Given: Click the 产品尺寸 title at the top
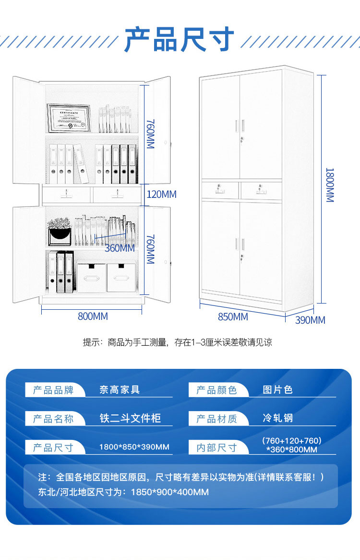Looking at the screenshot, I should (180, 39).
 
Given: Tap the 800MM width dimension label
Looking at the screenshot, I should (93, 317).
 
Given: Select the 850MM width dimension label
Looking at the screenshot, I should (233, 317).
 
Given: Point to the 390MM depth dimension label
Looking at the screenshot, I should (310, 320).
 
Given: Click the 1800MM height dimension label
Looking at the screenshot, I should (330, 185).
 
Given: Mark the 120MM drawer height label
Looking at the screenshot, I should (161, 195).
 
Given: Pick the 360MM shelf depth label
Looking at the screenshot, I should (120, 248).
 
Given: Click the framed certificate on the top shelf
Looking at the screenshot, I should (69, 118).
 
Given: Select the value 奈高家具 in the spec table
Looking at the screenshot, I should (120, 390).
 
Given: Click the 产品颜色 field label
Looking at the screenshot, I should (216, 390).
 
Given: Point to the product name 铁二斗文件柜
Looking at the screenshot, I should (130, 418).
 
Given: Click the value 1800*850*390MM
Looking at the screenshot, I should (134, 447).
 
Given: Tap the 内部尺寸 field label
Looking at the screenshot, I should (216, 448).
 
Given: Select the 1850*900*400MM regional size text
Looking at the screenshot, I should (167, 492).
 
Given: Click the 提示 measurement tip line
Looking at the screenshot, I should (178, 342).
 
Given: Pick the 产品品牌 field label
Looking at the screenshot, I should (53, 390).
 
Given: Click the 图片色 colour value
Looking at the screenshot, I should (277, 390).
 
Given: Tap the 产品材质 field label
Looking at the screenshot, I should (216, 419).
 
